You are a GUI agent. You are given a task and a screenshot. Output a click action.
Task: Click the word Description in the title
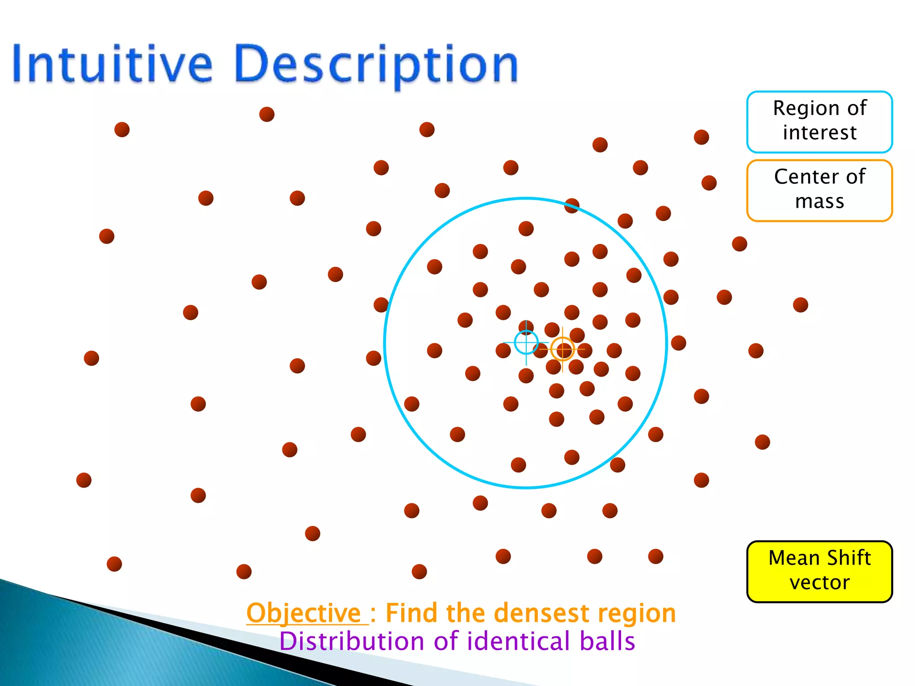pos(375,65)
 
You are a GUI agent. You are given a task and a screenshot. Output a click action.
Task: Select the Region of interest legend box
pos(819,121)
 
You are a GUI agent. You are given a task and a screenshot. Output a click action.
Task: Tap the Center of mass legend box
pos(819,190)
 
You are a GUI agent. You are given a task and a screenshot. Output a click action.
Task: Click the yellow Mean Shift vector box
pos(819,571)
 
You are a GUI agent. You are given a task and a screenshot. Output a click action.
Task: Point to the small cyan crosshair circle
pos(526,343)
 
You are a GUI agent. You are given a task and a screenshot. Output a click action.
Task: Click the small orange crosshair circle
pos(562,349)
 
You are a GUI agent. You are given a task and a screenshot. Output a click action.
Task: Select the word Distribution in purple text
pos(352,641)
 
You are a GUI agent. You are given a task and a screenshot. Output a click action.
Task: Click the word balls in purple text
pos(607,641)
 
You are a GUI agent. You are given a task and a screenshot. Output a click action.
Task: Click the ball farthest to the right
pos(800,305)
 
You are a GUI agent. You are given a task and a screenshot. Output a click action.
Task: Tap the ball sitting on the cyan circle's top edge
pos(571,206)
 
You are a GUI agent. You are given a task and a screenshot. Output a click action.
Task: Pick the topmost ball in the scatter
pos(267,114)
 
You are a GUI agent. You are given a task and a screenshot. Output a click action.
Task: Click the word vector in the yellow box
pos(819,583)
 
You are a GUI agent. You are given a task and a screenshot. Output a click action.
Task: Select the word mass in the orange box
pos(819,201)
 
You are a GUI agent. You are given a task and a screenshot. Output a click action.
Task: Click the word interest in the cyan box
pos(819,133)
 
